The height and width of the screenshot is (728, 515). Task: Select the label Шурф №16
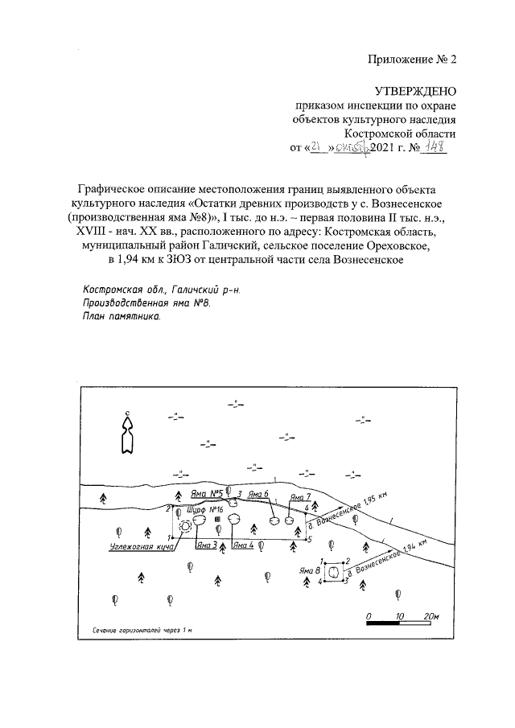click(204, 510)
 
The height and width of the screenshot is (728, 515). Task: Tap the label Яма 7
click(300, 497)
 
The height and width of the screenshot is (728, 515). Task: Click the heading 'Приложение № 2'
click(413, 59)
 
